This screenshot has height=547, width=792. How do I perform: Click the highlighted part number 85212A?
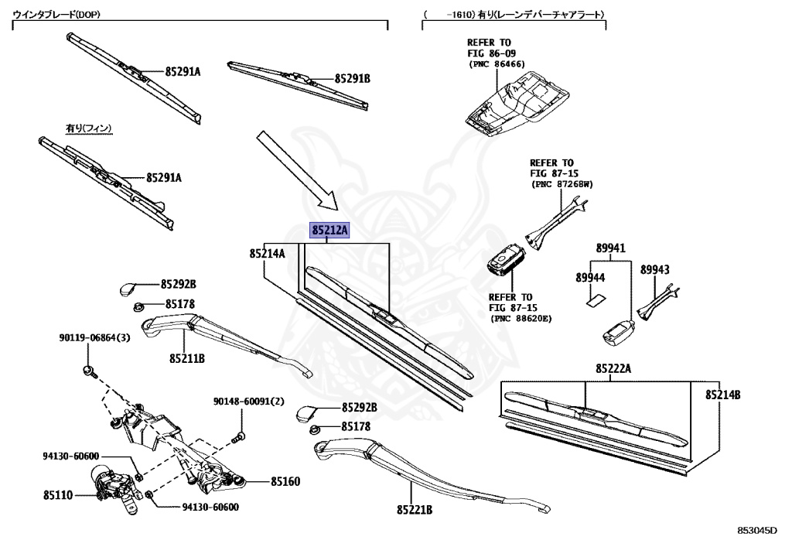click(x=330, y=231)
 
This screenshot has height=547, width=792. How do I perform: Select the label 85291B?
click(x=352, y=79)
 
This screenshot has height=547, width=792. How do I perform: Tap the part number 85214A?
click(x=267, y=253)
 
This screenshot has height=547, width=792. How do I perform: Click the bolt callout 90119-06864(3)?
click(x=94, y=337)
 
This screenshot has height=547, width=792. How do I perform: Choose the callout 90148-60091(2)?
click(x=249, y=401)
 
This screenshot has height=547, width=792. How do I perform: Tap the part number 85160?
click(x=285, y=481)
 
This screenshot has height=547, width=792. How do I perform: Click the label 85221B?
click(x=414, y=510)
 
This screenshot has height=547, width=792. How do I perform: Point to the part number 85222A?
click(x=613, y=368)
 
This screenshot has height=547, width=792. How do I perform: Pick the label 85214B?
click(x=722, y=395)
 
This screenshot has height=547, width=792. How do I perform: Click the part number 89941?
click(x=610, y=248)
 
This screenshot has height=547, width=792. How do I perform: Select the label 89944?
click(x=590, y=276)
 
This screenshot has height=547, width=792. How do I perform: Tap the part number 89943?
click(x=654, y=269)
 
